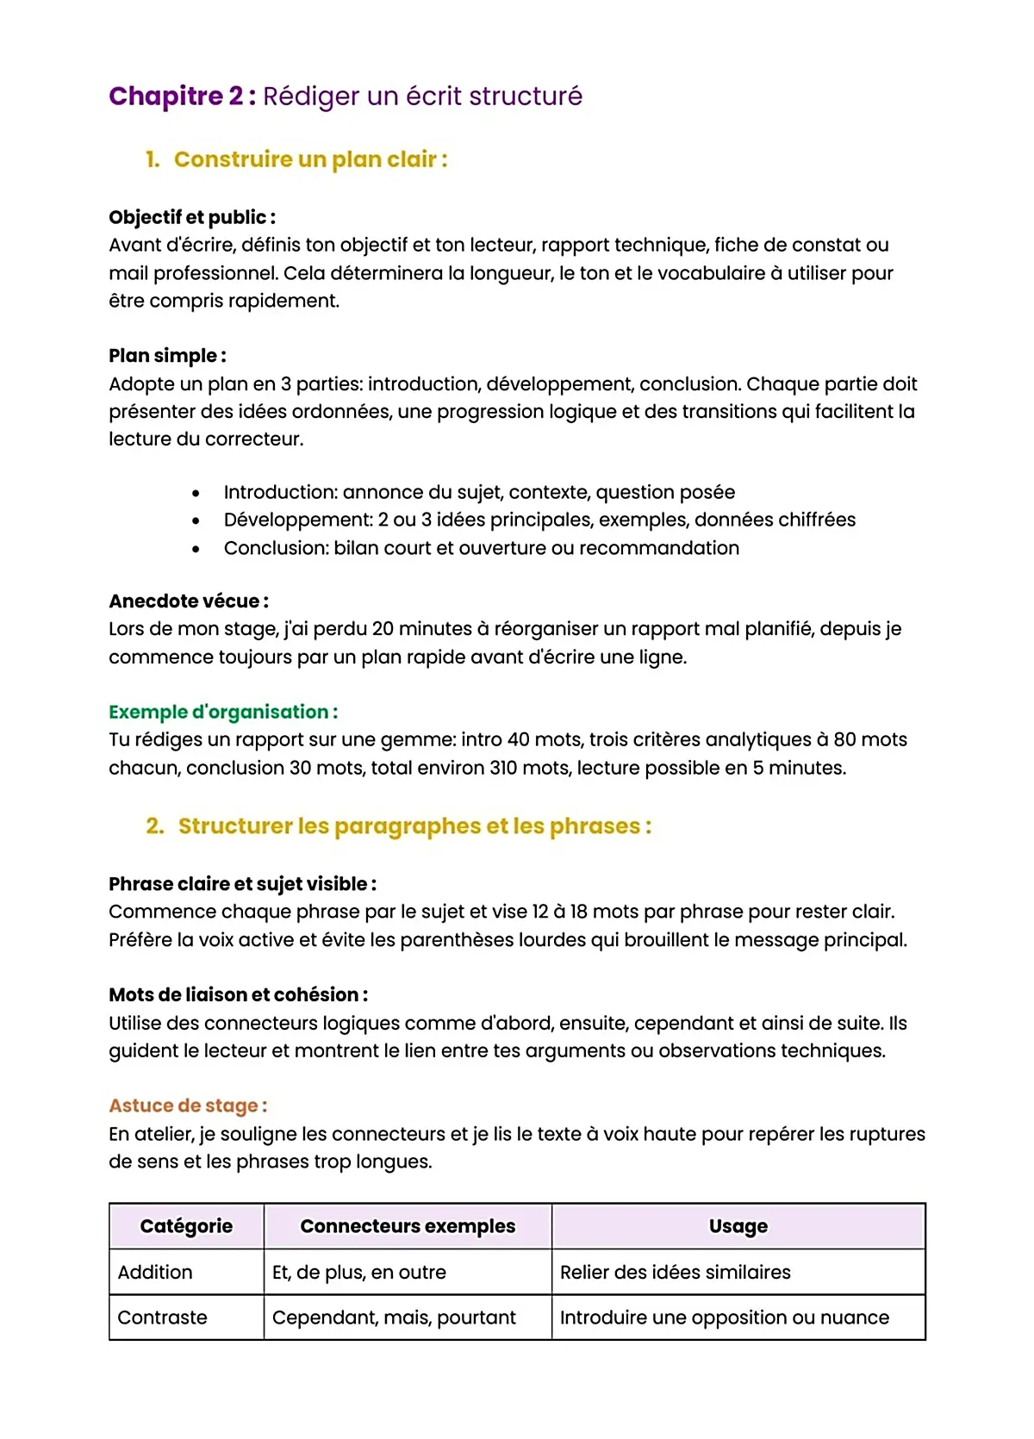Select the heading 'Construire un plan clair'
pos(310,159)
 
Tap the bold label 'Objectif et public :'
pos(191,217)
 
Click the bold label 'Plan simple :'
pos(167,356)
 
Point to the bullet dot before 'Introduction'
pos(196,494)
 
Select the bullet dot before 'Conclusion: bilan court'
pos(196,549)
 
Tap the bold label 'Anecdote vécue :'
pos(188,601)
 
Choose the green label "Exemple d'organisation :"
pos(222,712)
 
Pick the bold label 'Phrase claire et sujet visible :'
pos(242,884)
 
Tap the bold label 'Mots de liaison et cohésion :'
pos(238,995)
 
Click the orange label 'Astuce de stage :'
pos(188,1106)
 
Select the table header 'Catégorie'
pos(186,1226)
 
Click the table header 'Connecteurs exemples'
pos(408,1226)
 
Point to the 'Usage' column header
pos(738,1226)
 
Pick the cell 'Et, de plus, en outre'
pos(358,1273)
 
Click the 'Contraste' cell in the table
pos(162,1318)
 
